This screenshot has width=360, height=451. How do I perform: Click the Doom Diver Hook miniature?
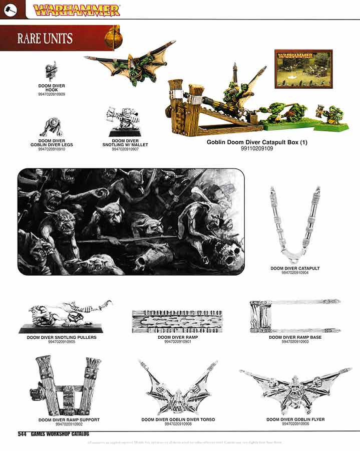pos(51,72)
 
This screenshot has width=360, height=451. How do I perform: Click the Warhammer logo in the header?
pos(76,10)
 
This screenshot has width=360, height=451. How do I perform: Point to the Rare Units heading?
pos(45,39)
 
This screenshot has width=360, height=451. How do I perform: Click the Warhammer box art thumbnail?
pos(303,69)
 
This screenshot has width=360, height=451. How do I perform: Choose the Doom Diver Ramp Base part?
pos(295,316)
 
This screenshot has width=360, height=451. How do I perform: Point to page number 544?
pos(22,434)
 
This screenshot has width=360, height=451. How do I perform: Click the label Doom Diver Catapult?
pos(295,269)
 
